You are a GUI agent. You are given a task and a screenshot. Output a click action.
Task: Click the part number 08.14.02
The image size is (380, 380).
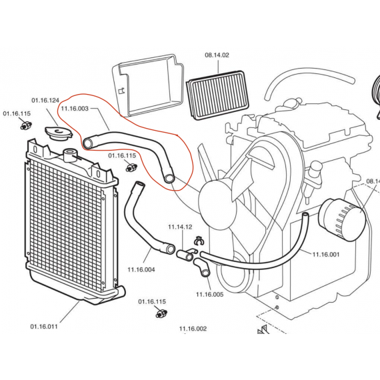pos(217,55)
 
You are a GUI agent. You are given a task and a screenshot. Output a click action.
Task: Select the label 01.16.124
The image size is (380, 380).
pos(44,101)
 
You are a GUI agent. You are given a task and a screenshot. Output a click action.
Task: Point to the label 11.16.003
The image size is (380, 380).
pos(75,107)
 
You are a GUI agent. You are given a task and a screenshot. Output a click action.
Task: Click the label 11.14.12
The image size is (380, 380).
pos(179,227)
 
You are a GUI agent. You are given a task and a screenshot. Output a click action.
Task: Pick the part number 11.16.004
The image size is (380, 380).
pos(141,269)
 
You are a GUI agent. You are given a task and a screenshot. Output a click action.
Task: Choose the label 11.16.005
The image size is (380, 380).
pos(209,294)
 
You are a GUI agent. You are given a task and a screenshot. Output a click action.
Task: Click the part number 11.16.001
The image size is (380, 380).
pos(326,254)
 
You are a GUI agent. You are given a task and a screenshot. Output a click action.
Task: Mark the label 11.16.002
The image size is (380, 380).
pos(192,329)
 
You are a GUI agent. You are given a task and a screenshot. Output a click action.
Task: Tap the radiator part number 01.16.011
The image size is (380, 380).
pos(44,327)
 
